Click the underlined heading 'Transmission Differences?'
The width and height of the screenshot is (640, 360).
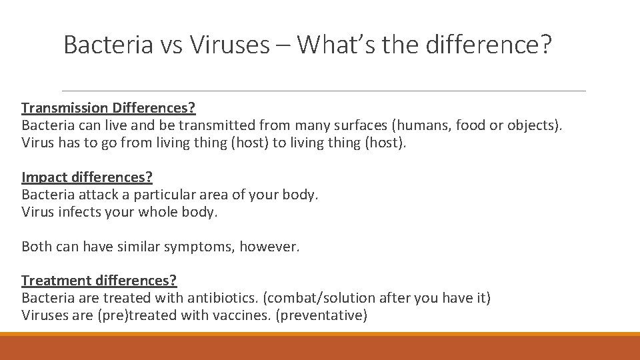[108, 107]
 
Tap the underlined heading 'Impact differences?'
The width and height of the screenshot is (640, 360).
[87, 177]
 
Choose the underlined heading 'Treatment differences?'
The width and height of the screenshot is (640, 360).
[99, 281]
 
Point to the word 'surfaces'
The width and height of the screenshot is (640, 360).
[356, 125]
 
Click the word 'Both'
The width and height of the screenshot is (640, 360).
[37, 247]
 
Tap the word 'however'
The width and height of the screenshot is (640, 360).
[269, 247]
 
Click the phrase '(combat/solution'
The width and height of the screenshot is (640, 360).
[320, 298]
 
